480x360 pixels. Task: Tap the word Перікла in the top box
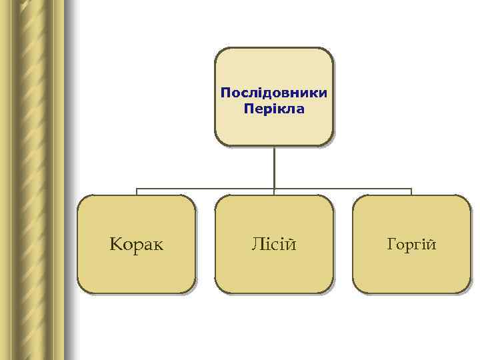[x=273, y=108]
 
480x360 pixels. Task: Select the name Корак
[x=137, y=245]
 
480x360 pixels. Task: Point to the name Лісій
[x=273, y=245]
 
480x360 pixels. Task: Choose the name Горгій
[x=411, y=245]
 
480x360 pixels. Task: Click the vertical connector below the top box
[x=274, y=167]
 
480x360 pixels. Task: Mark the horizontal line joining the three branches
[x=207, y=189]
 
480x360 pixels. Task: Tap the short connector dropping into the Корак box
[x=137, y=192]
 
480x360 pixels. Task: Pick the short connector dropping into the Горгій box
[x=411, y=192]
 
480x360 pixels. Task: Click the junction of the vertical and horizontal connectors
[x=274, y=189]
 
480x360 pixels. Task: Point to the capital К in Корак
[x=115, y=245]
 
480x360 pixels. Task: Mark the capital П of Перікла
[x=248, y=108]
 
